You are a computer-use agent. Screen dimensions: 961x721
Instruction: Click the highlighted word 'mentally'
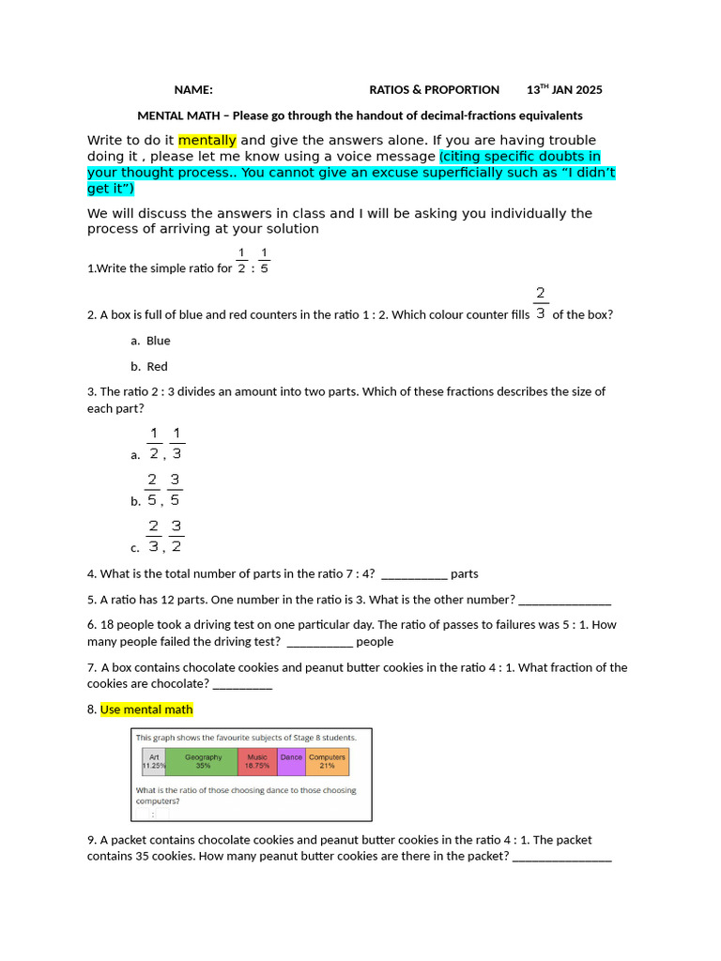coord(207,140)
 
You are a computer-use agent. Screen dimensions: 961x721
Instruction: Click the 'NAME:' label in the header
coord(193,90)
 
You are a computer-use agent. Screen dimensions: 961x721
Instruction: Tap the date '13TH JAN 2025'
coord(564,90)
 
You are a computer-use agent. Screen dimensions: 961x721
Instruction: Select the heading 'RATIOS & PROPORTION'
coord(434,90)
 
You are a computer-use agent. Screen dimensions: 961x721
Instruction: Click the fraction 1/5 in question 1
coord(264,261)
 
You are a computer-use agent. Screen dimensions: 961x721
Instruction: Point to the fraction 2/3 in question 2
coord(541,303)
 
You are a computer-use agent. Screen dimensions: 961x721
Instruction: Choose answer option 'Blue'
coord(158,341)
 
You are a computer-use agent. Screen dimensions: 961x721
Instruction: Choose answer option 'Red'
coord(157,367)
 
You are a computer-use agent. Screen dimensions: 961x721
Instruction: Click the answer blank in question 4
coord(415,574)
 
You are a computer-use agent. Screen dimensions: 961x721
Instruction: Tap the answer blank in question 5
coord(564,600)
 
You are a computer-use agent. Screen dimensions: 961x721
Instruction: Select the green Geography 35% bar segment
coord(202,761)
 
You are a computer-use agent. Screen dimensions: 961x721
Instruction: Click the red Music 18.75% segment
coord(257,761)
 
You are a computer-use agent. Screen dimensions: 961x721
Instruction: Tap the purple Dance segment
coord(291,761)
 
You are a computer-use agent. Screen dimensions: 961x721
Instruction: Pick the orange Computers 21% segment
coord(327,761)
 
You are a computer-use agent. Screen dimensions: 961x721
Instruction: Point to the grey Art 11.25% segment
coord(153,761)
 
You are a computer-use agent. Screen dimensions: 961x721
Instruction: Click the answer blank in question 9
coord(562,857)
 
